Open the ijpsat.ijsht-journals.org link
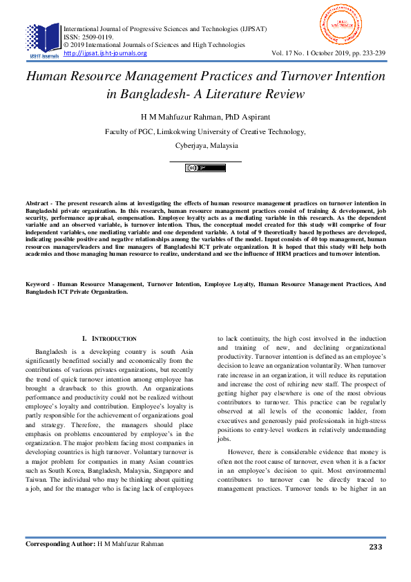tap(105, 53)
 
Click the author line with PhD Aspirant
tap(205, 115)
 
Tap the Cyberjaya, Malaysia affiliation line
tap(205, 146)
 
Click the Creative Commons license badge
tap(205, 168)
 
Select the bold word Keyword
tap(39, 284)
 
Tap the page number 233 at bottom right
tap(375, 547)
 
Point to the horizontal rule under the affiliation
tap(205, 161)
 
